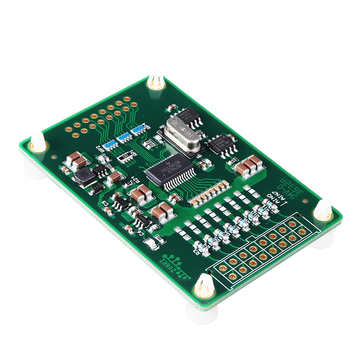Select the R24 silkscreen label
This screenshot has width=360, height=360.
pyautogui.click(x=133, y=179)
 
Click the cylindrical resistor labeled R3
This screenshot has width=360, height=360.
pyautogui.click(x=202, y=248)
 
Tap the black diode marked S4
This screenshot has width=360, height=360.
pyautogui.click(x=96, y=188)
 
